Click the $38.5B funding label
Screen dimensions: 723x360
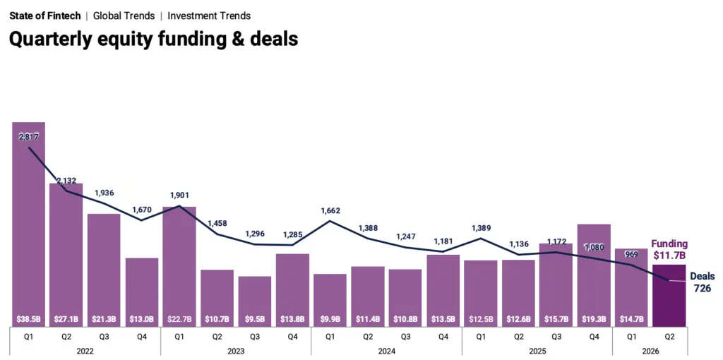[x=28, y=318]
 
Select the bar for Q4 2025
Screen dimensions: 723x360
[x=594, y=275]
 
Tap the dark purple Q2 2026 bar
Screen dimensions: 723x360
[x=669, y=296]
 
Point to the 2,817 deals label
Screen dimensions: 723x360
[x=28, y=136]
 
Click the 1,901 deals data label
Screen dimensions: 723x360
[x=179, y=195]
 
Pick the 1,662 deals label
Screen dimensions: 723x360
[x=330, y=211]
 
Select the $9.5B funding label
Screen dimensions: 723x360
[x=254, y=318]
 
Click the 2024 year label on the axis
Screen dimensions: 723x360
[x=386, y=352]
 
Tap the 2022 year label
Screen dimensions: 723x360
[x=85, y=352]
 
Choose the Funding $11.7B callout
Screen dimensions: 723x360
[x=669, y=249]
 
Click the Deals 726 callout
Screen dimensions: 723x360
[x=703, y=282]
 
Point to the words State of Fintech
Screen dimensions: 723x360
[x=45, y=16]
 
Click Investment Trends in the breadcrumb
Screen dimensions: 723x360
[x=209, y=16]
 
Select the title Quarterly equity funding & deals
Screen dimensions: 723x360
[x=153, y=40]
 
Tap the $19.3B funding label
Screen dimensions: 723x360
[x=594, y=318]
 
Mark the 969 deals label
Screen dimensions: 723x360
[x=631, y=254]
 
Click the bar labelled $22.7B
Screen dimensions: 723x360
[x=179, y=266]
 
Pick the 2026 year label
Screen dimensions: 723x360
[x=650, y=352]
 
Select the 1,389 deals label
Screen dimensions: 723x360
[x=481, y=228]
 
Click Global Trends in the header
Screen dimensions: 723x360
[x=124, y=16]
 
